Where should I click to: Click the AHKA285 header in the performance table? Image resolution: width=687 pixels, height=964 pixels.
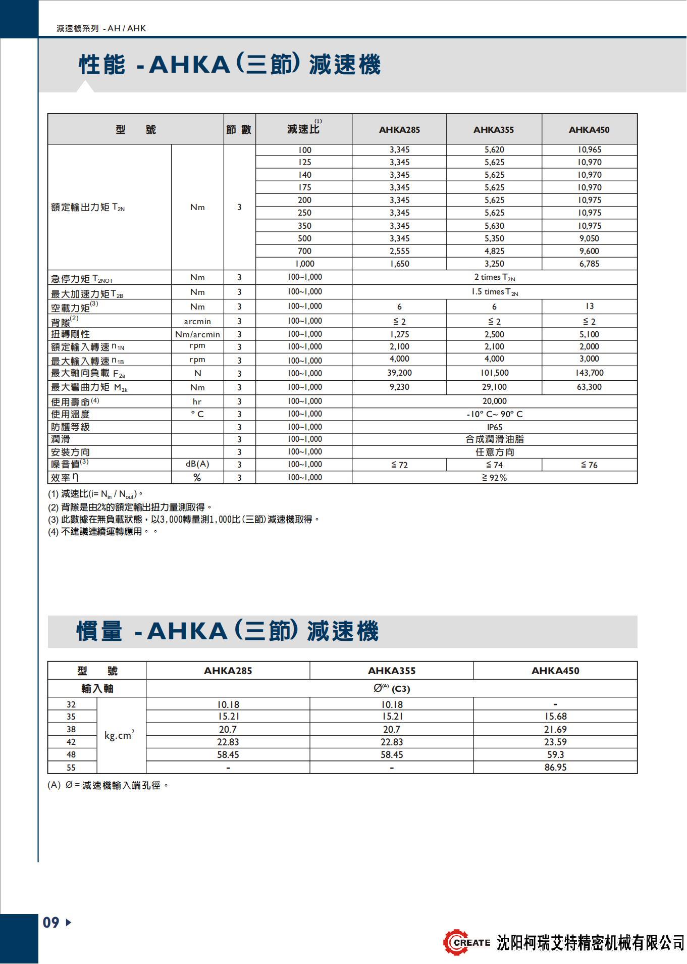click(399, 130)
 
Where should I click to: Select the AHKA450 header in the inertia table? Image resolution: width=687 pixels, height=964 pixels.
click(555, 671)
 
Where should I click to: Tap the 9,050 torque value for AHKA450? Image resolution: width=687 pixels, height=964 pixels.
click(589, 238)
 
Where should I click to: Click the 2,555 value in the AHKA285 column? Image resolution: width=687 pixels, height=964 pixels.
click(399, 251)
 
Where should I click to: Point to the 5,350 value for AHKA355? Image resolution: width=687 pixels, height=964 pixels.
click(494, 238)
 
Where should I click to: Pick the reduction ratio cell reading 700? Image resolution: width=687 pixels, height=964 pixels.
click(304, 251)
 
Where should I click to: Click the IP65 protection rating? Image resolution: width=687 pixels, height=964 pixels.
click(494, 427)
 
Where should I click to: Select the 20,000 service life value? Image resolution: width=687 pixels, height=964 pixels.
click(494, 401)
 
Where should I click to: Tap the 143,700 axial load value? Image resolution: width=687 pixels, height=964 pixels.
click(589, 373)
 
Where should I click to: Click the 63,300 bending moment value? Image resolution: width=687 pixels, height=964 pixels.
click(589, 387)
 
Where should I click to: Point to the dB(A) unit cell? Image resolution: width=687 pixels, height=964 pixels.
click(197, 464)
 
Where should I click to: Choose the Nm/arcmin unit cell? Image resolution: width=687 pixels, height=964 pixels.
click(197, 334)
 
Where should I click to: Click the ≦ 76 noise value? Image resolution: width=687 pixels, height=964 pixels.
click(589, 465)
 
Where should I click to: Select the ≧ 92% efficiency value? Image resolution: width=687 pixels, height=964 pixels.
click(494, 478)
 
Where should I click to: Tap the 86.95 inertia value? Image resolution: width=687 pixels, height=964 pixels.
click(555, 768)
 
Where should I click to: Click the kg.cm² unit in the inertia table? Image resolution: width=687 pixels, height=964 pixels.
click(120, 735)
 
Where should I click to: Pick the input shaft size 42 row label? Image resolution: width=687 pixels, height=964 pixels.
click(71, 742)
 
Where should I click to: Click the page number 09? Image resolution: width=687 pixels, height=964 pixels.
click(51, 923)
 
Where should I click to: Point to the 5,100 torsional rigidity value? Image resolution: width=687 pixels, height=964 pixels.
click(589, 334)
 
